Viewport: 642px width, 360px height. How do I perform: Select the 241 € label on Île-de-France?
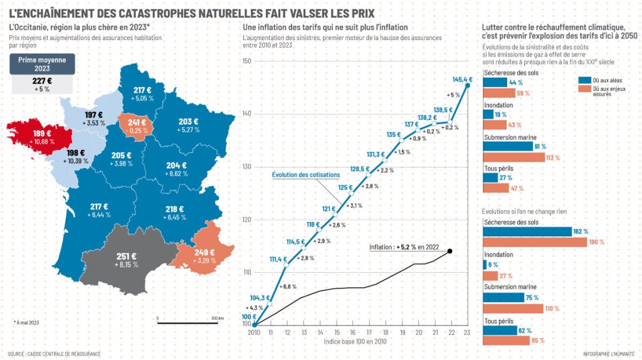137,123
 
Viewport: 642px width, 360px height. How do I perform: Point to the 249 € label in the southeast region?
204,252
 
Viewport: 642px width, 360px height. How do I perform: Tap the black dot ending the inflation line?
450,251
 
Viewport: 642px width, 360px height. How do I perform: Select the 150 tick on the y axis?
246,61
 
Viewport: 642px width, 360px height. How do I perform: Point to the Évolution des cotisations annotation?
306,175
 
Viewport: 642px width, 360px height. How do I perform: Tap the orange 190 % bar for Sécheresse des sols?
535,242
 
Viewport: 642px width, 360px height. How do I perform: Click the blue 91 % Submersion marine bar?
508,147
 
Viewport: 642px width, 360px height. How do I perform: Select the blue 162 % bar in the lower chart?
527,231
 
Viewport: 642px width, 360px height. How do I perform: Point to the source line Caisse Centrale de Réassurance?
54,354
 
